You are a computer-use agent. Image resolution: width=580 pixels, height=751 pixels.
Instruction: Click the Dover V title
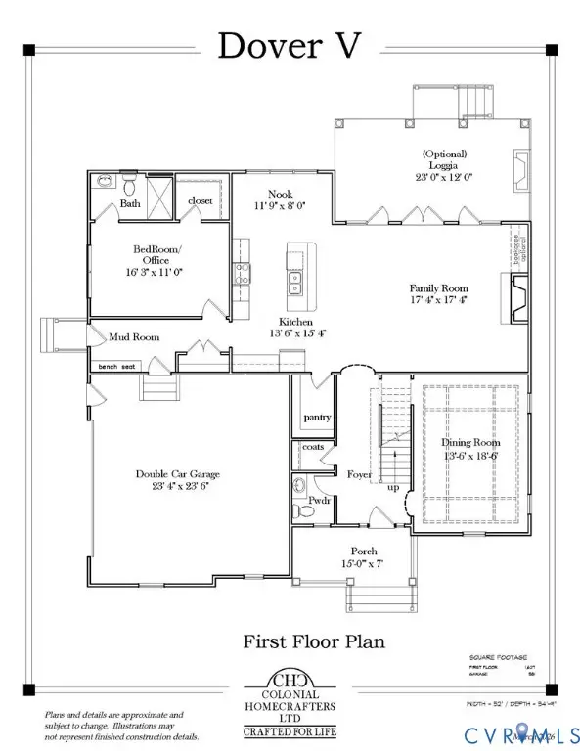(x=290, y=45)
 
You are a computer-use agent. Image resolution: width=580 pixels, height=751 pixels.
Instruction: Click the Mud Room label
(x=133, y=337)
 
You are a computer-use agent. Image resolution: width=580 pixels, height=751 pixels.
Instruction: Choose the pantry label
(x=318, y=418)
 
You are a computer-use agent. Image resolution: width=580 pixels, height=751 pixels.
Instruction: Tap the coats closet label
(x=312, y=447)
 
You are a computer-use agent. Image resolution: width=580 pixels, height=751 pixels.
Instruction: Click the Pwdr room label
(x=319, y=500)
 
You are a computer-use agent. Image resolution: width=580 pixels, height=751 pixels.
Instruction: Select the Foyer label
(x=359, y=476)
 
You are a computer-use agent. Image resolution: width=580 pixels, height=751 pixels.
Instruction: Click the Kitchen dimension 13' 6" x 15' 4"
(x=294, y=334)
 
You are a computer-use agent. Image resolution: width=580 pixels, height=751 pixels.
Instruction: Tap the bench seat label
(x=116, y=368)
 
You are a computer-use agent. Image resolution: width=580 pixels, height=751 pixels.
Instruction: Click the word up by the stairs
(x=393, y=486)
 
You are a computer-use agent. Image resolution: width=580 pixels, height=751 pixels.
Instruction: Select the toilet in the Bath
(x=129, y=183)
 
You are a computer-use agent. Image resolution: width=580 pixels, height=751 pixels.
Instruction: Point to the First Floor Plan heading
(x=313, y=641)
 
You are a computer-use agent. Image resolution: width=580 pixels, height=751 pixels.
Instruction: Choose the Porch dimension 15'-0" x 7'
(x=358, y=564)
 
